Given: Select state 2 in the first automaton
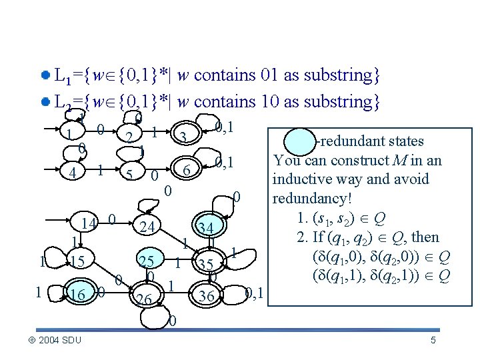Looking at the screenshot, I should tap(129, 137).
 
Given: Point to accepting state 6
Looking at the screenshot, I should tap(187, 171).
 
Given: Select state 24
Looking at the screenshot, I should tap(148, 227).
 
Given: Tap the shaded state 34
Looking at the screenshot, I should tap(205, 229).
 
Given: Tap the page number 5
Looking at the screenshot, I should tap(433, 341).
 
